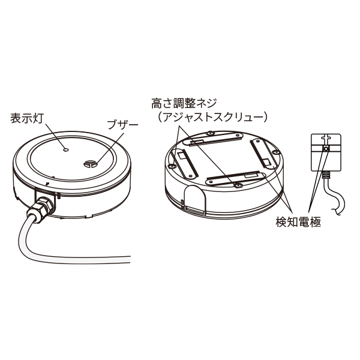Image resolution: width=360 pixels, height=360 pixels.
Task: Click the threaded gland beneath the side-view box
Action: (326, 176)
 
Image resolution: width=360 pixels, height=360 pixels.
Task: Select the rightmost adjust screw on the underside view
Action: (275, 154)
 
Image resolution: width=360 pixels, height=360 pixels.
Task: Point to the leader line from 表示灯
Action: (58, 133)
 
